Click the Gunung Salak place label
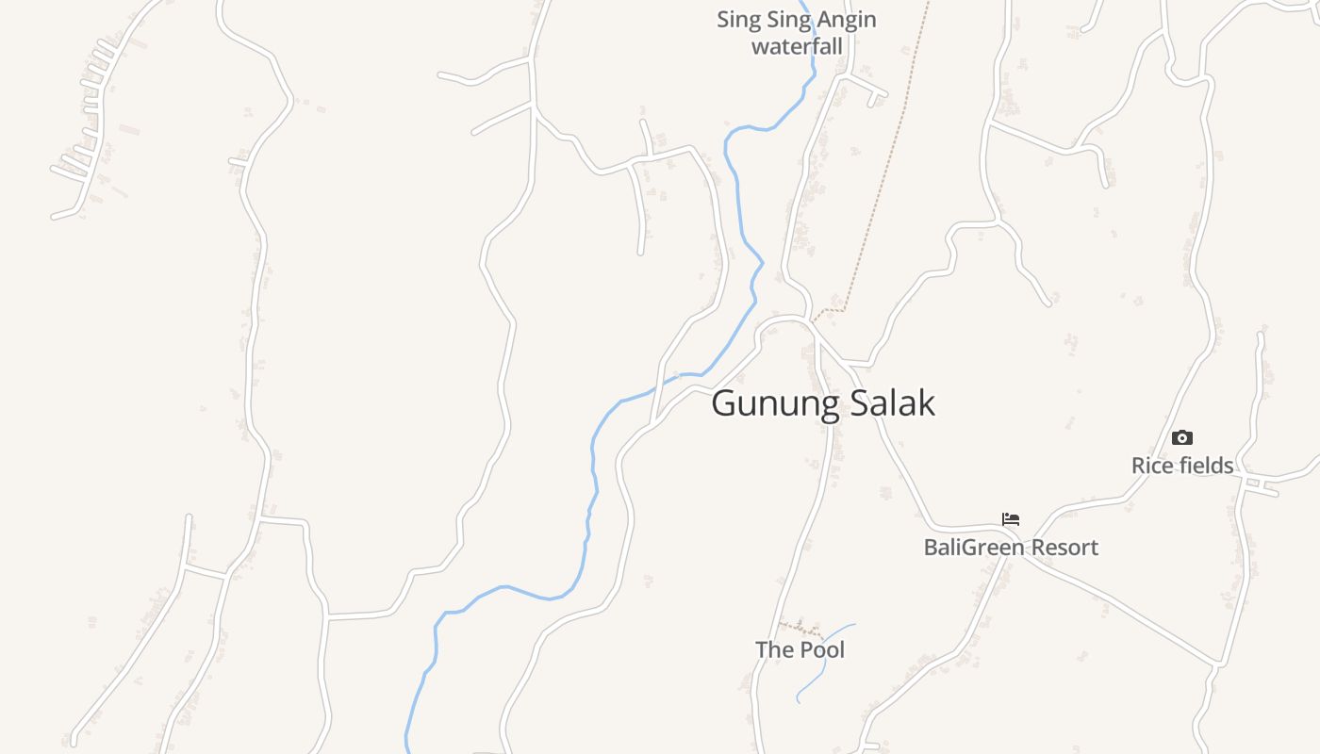(823, 403)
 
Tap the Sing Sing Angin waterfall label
(797, 32)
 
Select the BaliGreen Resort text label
(1011, 548)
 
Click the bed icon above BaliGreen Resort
(1011, 519)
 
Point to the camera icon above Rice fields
(1181, 437)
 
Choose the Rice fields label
(1182, 466)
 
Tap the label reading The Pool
(800, 649)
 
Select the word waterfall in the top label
(797, 45)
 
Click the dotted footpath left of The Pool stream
(800, 627)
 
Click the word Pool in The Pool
(822, 649)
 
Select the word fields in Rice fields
(1204, 466)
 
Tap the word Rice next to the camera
(1151, 466)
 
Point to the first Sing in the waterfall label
(735, 20)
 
